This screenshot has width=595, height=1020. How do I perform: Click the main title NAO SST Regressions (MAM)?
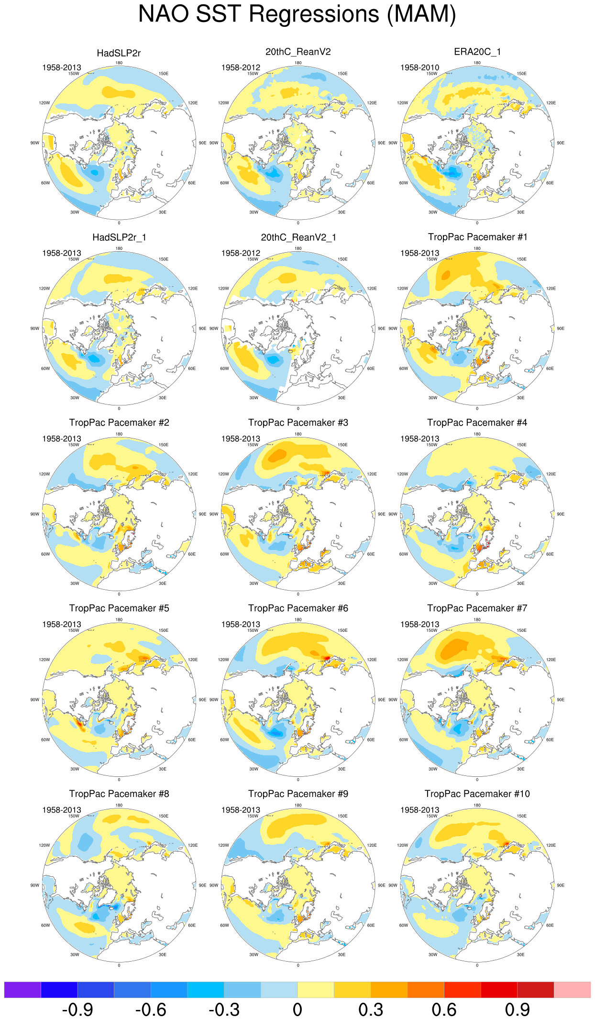pos(297,14)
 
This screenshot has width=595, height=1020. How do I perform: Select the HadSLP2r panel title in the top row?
pos(119,53)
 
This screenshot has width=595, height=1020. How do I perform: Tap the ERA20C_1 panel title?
pos(477,52)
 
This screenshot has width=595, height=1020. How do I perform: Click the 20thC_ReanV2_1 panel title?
pos(298,237)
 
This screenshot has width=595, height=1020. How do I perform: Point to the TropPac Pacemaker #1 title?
pos(477,237)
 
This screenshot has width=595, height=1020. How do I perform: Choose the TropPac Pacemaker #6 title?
pos(298,608)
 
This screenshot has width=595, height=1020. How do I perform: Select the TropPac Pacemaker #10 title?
pos(477,794)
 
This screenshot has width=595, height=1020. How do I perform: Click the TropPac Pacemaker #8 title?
pos(119,794)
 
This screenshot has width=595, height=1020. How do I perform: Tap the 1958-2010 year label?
pos(419,67)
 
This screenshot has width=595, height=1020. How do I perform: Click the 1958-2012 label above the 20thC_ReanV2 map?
pos(241,67)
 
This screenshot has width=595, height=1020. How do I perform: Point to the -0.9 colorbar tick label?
pos(77,1009)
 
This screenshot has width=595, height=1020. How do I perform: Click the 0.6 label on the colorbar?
pos(444,1009)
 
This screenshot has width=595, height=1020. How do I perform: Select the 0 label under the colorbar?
pos(297,1009)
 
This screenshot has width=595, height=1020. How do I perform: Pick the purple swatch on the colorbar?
pos(22,989)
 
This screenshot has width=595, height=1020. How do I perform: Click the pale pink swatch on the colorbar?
pos(572,989)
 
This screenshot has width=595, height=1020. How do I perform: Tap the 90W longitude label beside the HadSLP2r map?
pos(35,143)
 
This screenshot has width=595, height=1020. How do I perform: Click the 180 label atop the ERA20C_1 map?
pos(477,63)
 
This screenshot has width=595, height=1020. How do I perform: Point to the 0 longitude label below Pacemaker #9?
pos(298,965)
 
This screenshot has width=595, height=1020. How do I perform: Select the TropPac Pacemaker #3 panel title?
pos(298,423)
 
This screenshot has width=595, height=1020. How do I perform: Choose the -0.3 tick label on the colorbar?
pos(224,1009)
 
